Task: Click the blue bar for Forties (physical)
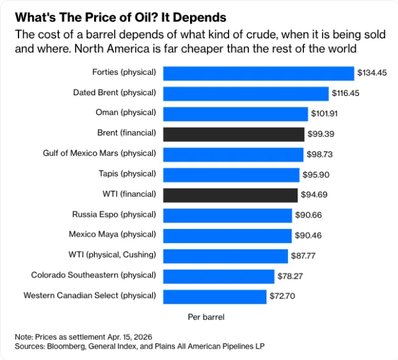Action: coord(259,73)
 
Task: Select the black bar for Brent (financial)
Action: coord(234,134)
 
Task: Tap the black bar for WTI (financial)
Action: coord(230,194)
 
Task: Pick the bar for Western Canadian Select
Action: coord(214,296)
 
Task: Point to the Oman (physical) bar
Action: coord(235,113)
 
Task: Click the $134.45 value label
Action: coord(372,73)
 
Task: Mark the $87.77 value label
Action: coord(306,256)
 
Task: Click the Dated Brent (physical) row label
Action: coord(115,93)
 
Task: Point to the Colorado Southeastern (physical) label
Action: coord(93,275)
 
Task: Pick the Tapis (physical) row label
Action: coord(127,174)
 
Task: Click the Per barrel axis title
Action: coord(206,317)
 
